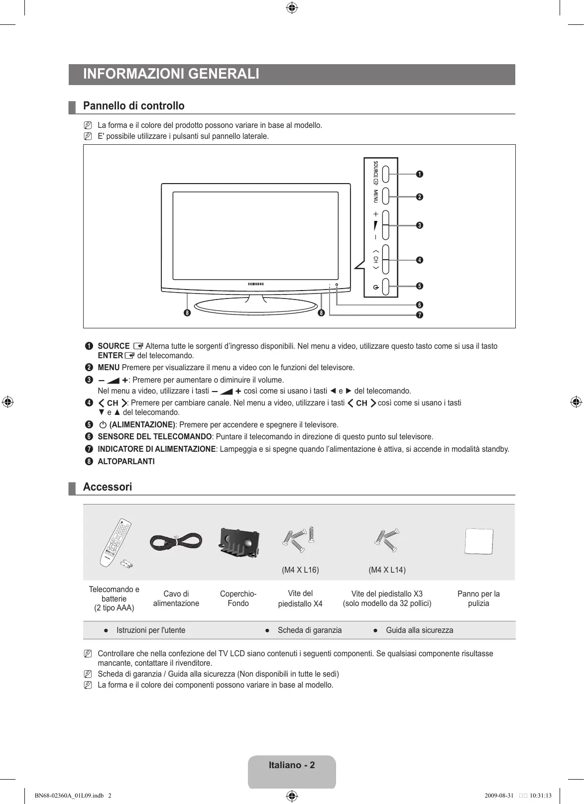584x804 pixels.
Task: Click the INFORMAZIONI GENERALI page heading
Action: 171,74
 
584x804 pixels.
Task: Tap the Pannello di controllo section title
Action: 133,106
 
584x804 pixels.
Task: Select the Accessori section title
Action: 108,487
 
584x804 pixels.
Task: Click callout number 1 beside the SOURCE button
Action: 420,174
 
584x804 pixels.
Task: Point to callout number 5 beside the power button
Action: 420,286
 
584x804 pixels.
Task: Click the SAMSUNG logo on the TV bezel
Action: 256,284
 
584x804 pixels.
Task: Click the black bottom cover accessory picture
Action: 238,542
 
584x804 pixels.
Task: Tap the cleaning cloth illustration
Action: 478,541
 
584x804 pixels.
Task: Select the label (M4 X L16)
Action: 300,570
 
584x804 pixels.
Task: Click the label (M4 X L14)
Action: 387,570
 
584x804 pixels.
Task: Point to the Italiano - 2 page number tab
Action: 292,765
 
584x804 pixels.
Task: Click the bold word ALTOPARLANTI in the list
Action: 126,462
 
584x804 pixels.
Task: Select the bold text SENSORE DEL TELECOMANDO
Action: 154,437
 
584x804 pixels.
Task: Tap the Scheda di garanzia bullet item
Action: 309,630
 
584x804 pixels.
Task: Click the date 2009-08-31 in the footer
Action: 498,795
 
